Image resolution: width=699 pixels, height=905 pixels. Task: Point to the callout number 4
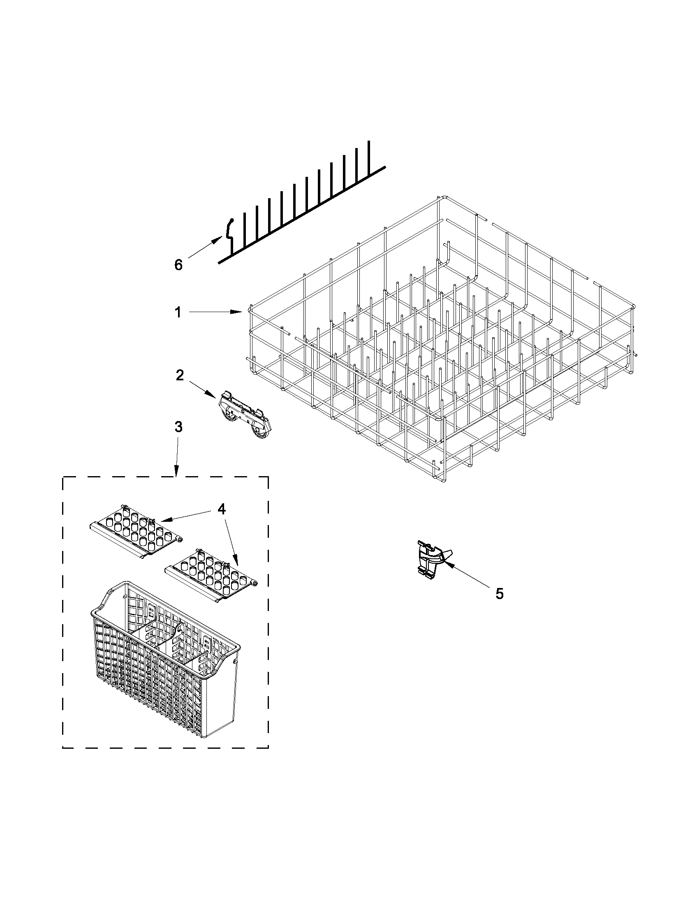[222, 509]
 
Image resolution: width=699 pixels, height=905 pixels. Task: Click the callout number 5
[499, 594]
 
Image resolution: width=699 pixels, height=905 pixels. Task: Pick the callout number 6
[178, 264]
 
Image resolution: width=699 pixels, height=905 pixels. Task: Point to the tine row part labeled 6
[303, 207]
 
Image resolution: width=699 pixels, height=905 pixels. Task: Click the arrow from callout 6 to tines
[204, 248]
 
